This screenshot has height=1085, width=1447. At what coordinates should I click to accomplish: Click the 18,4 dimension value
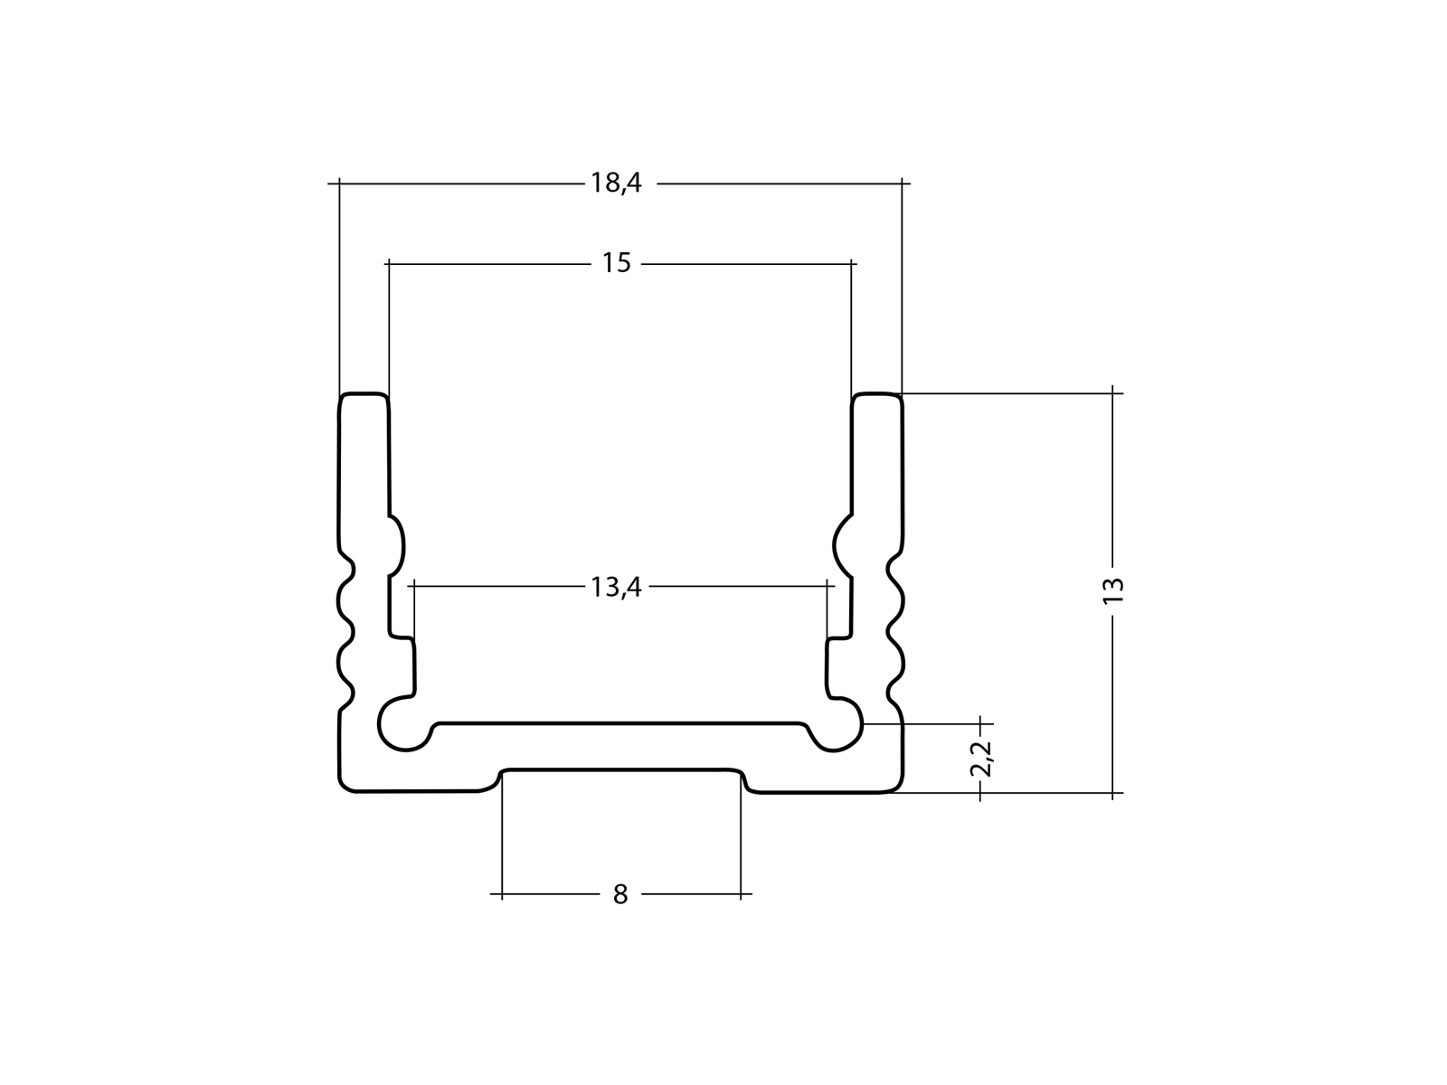[616, 184]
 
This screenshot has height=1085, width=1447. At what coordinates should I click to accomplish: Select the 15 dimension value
[616, 264]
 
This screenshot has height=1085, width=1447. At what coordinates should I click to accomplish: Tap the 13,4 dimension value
[616, 588]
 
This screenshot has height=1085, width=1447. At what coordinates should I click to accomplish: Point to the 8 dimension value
[619, 895]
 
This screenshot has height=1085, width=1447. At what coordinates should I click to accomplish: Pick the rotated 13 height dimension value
[1114, 590]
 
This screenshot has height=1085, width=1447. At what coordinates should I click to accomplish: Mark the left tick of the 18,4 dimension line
[339, 184]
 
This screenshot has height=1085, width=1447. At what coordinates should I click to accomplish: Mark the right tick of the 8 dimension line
[741, 895]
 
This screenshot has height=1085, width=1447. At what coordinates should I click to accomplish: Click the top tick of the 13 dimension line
[1113, 393]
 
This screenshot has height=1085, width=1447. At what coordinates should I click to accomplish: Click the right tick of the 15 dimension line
[851, 264]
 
